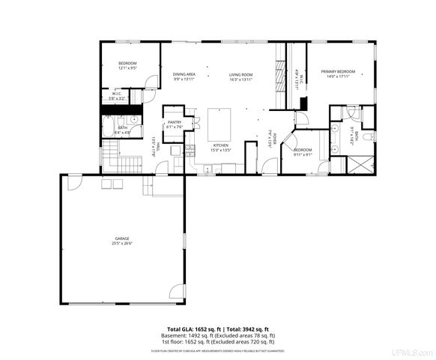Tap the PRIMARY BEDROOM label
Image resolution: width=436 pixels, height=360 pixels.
click(338, 71)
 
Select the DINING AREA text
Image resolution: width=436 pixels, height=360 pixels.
click(184, 74)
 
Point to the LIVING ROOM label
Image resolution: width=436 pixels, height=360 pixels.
click(240, 74)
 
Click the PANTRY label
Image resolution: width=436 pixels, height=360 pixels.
click(174, 122)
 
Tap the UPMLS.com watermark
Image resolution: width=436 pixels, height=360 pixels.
click(414, 351)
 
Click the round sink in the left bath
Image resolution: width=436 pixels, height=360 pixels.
click(135, 119)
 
